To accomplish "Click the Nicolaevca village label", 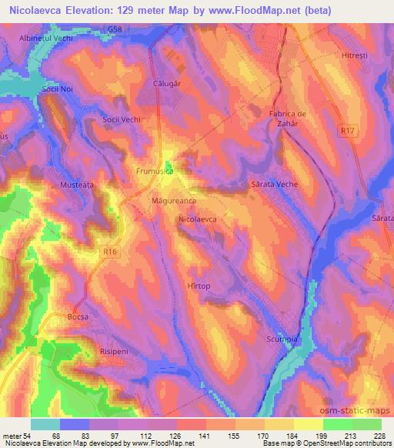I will [198, 219].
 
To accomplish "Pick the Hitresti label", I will [356, 55].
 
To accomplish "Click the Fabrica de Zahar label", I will [288, 119].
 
